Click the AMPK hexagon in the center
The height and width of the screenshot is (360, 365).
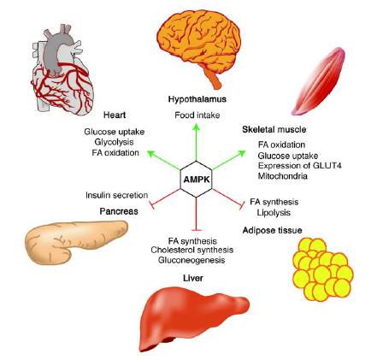coord(196,180)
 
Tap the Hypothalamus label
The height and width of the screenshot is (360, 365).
coord(197,99)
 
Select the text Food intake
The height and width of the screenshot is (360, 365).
coord(197,115)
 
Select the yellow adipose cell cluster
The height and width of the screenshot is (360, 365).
coord(322,269)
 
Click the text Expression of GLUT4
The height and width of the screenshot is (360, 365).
coord(300,166)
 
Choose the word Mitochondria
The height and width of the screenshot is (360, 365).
coord(283,176)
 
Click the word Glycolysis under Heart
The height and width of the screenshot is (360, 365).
coord(115,142)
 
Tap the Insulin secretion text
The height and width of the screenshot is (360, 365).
coord(116,195)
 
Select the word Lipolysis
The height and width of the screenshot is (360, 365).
coord(274,213)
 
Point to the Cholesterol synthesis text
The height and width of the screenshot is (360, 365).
coord(192,251)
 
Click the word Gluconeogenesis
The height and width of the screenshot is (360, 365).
coord(191,260)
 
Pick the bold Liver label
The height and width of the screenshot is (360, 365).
coord(193,278)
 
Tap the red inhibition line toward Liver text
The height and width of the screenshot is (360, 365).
coord(196,213)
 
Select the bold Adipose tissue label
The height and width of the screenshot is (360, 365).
coord(272,230)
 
